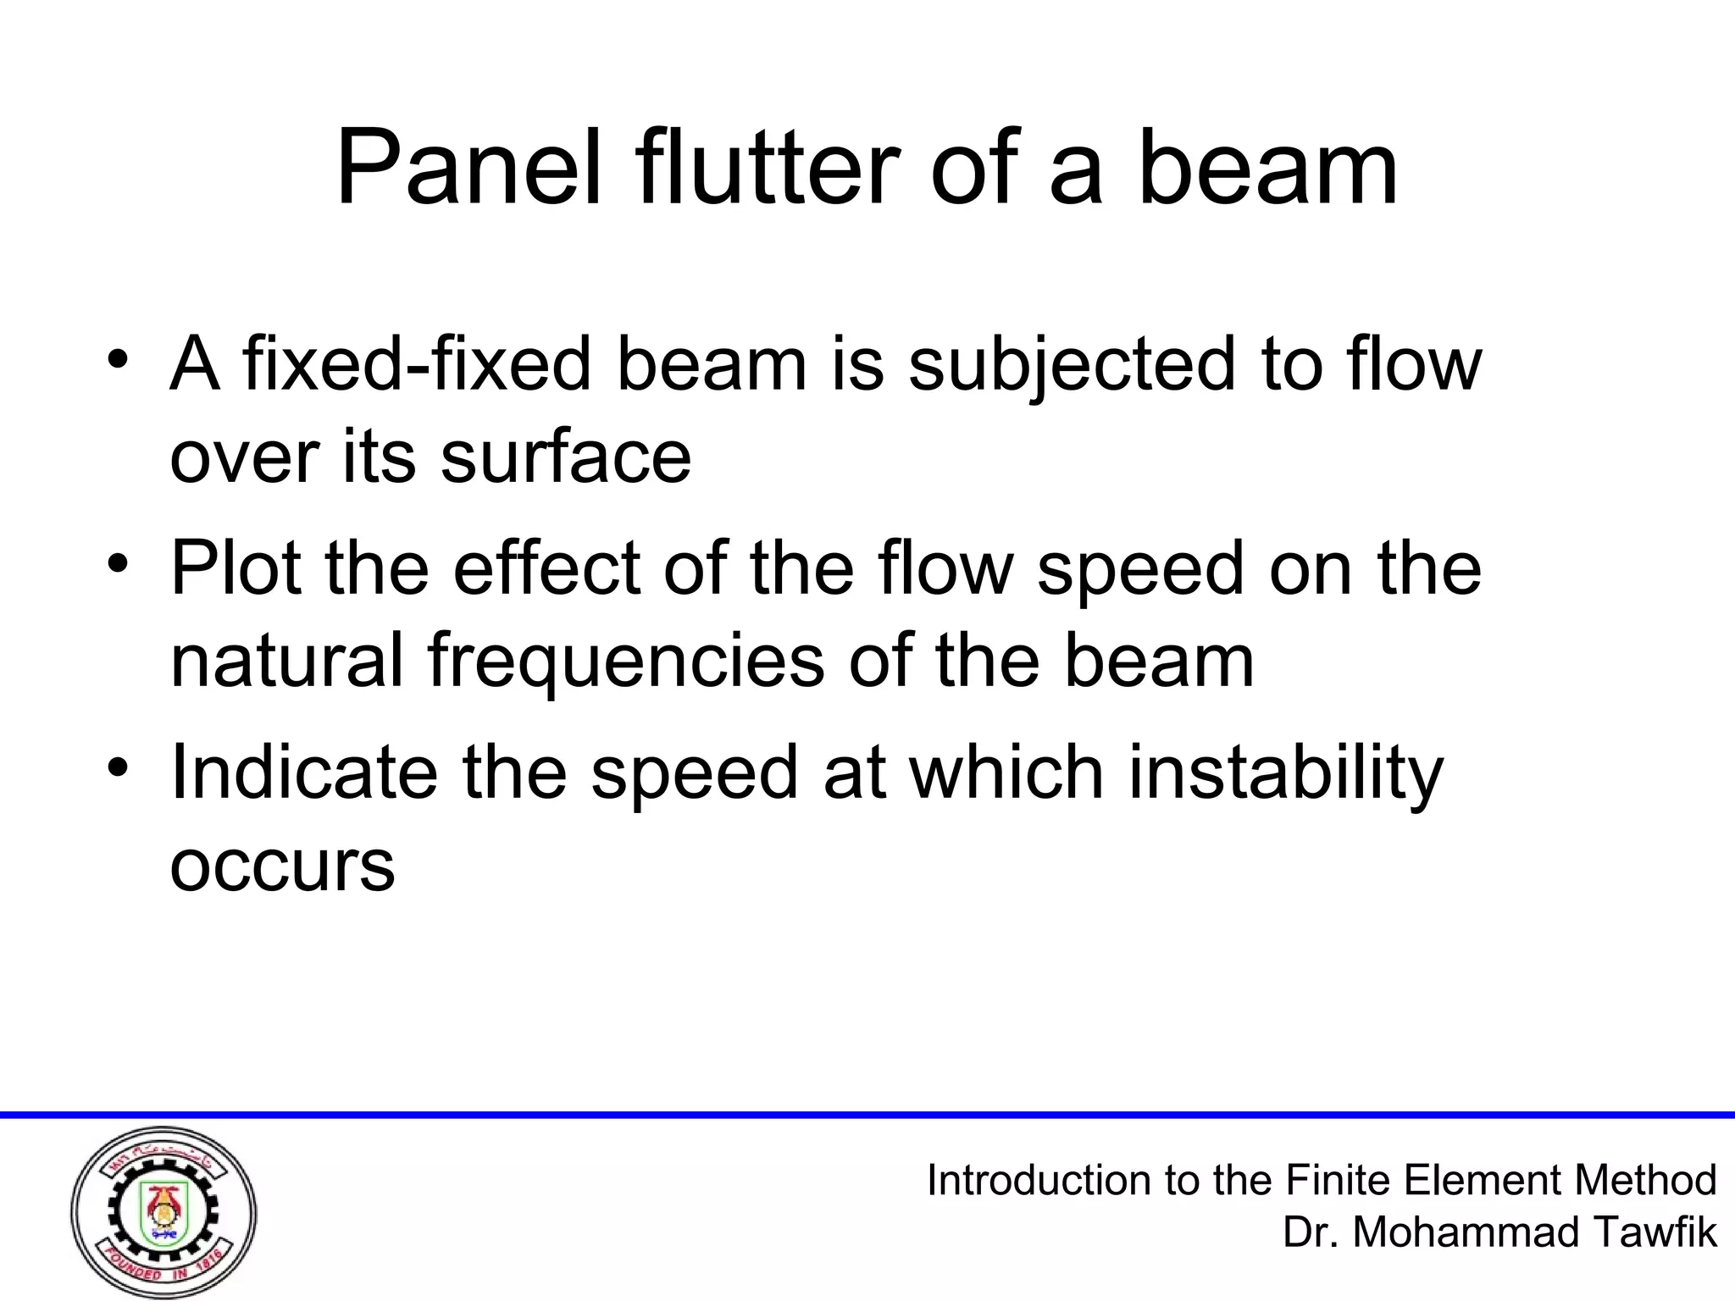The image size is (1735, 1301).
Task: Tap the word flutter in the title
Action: pyautogui.click(x=767, y=169)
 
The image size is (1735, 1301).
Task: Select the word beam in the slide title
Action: pyautogui.click(x=1267, y=169)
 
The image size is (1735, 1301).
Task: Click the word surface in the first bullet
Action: pyautogui.click(x=565, y=457)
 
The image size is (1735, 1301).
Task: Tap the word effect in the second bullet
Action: pyautogui.click(x=547, y=567)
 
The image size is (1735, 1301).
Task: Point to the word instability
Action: pyautogui.click(x=1285, y=773)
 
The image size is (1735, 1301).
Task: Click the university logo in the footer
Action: pyautogui.click(x=164, y=1214)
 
